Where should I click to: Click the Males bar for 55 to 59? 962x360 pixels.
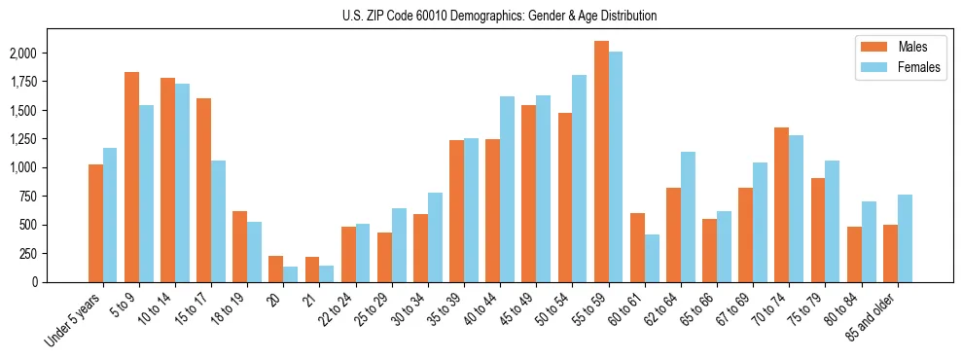tap(601, 162)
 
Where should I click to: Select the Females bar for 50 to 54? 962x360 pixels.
tap(580, 178)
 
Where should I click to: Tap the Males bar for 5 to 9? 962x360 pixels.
tap(131, 177)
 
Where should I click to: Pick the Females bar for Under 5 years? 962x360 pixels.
tap(110, 215)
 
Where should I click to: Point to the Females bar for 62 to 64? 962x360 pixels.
tap(688, 217)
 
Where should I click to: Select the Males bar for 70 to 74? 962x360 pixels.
tap(782, 204)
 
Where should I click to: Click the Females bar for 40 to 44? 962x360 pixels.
tap(507, 189)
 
